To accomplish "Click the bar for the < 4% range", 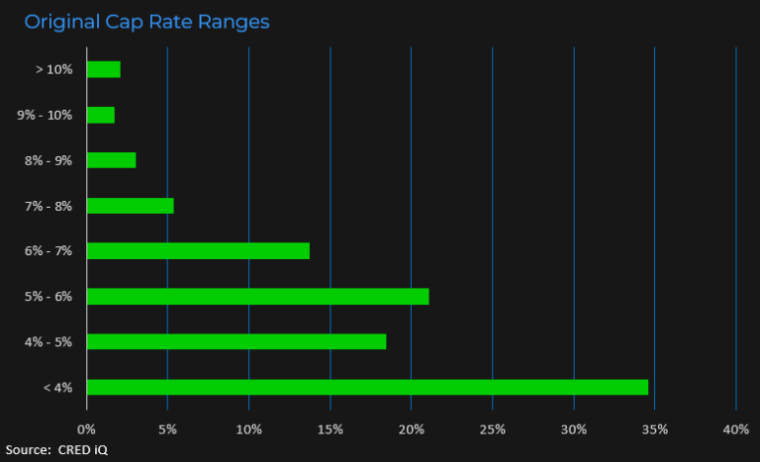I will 367,387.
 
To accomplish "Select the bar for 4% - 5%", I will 237,341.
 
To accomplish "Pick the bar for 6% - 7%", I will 198,250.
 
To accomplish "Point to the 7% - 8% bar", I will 130,206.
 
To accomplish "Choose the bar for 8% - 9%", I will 111,160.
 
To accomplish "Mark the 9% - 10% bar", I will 101,115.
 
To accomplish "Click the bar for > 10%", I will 103,69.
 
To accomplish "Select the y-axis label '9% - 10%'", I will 45,115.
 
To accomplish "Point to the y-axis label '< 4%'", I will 57,387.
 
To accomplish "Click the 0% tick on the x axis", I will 87,428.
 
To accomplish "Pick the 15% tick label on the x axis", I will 331,428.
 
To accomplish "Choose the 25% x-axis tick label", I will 493,428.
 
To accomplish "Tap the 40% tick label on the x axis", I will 736,428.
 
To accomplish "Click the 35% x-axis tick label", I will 655,428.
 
